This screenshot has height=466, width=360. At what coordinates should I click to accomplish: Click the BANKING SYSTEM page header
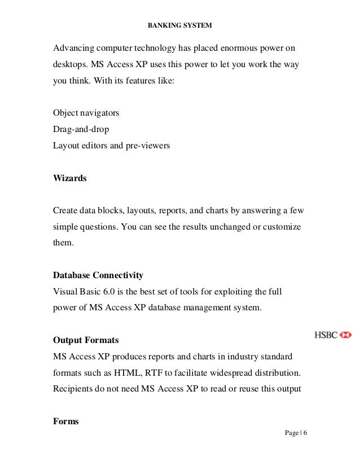click(180, 25)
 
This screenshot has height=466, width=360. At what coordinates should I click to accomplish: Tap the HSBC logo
click(333, 335)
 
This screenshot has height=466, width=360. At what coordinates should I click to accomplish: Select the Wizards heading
click(70, 178)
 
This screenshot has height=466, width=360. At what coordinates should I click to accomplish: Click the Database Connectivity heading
click(98, 275)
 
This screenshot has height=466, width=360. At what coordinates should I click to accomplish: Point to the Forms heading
click(66, 421)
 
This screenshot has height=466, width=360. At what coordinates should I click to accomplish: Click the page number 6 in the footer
click(305, 433)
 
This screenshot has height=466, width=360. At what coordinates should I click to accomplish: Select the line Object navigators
click(86, 113)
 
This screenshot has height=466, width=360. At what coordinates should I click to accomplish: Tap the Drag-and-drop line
click(81, 129)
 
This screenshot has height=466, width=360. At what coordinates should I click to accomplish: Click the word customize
click(280, 226)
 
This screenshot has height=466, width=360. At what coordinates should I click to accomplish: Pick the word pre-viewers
click(147, 146)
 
